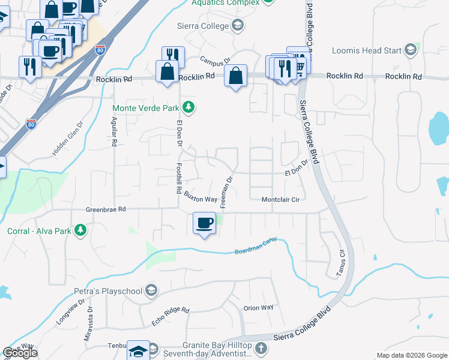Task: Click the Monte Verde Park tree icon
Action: [189, 107]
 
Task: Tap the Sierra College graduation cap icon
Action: [238, 26]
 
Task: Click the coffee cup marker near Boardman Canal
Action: [204, 223]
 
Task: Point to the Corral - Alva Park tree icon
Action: [79, 230]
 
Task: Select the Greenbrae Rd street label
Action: [106, 209]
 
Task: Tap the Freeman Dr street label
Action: [226, 192]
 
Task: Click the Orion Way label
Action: [258, 308]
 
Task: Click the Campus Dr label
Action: [215, 61]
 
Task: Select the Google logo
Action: [20, 353]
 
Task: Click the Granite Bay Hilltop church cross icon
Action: [261, 348]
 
